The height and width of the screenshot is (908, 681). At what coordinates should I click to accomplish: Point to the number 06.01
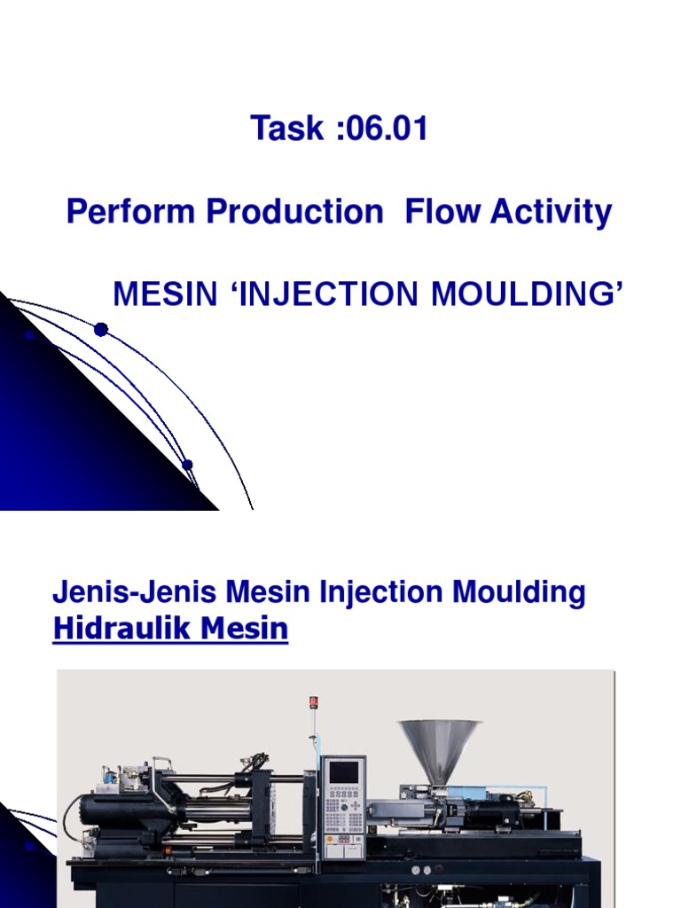[387, 129]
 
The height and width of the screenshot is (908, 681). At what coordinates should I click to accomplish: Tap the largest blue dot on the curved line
[101, 330]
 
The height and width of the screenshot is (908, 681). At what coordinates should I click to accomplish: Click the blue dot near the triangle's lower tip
[187, 465]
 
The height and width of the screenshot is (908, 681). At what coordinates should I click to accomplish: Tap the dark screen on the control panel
[343, 771]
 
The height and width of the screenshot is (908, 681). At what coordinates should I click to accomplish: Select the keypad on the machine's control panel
[342, 810]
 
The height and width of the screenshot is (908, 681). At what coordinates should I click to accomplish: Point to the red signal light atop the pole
[312, 702]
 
